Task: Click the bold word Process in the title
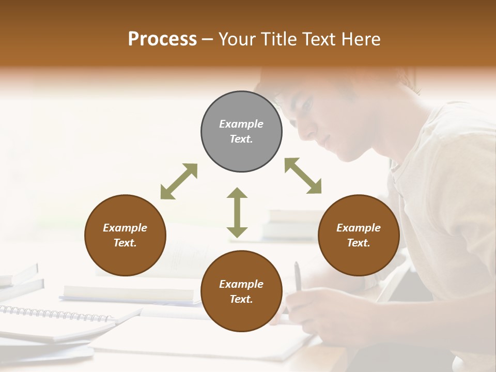[x=162, y=39]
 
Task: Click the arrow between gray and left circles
[x=179, y=181]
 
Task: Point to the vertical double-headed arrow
[x=237, y=213]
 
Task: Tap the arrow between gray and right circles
[x=303, y=176]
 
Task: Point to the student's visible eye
[x=306, y=105]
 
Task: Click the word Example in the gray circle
[x=241, y=124]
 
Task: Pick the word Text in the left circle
[x=125, y=243]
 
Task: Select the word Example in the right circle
[x=359, y=228]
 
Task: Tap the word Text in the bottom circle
[x=241, y=299]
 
